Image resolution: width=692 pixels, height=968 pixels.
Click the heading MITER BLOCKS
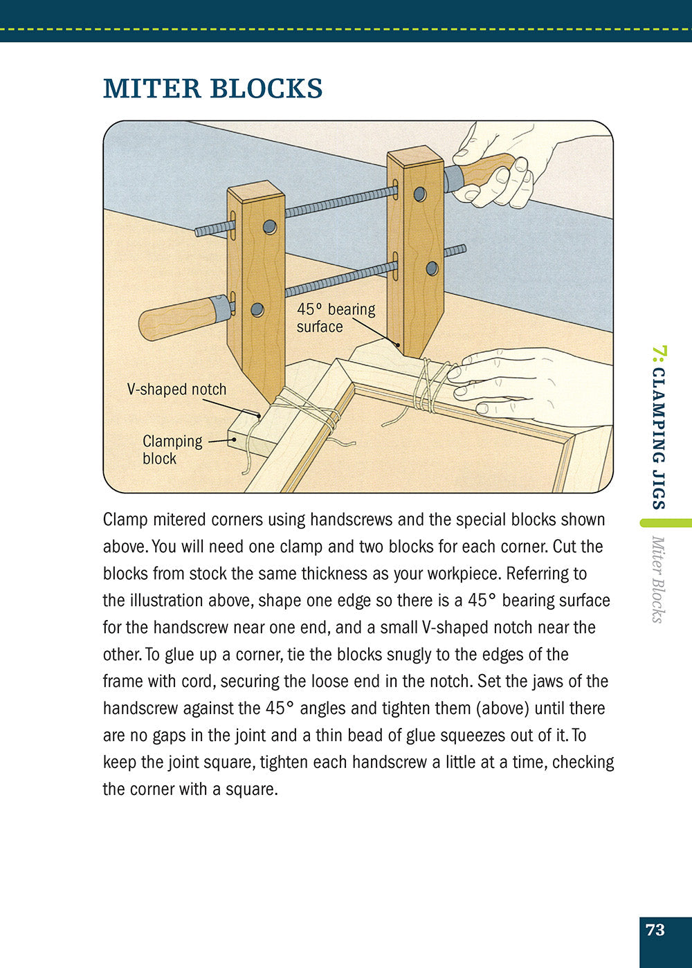212,89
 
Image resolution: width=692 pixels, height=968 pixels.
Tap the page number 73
655,930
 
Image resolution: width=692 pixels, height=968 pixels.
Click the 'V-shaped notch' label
176,389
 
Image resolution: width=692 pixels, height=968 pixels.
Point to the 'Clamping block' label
172,449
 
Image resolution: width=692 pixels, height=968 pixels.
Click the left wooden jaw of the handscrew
256,291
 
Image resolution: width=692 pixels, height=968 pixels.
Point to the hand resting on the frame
526,384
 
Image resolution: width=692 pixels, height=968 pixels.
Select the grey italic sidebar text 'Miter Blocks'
658,579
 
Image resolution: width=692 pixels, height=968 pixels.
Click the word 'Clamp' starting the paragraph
125,520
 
